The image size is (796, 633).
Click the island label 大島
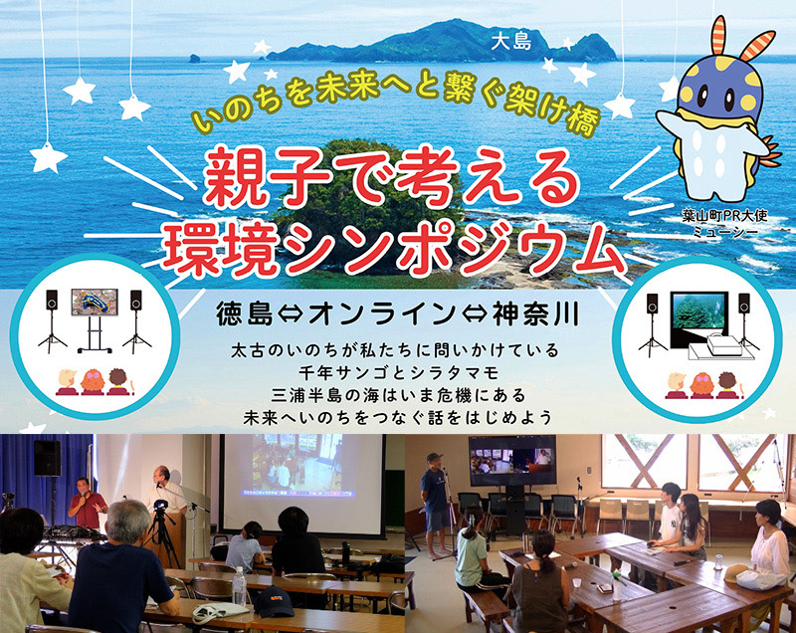tap(510, 43)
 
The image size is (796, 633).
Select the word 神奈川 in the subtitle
tap(536, 315)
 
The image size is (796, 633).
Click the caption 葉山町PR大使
tap(725, 216)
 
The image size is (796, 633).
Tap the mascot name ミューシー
tap(725, 232)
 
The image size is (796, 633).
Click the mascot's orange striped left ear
tap(717, 36)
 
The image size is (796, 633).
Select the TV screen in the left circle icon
tap(95, 302)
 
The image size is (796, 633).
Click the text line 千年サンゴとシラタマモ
tap(399, 373)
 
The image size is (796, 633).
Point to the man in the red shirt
tap(88, 504)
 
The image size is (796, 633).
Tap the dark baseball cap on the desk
tap(275, 601)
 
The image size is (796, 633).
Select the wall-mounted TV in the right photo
tap(512, 460)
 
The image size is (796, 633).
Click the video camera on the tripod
tap(160, 505)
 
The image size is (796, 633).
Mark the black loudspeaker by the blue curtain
tap(47, 458)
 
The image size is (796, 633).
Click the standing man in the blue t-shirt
tap(435, 504)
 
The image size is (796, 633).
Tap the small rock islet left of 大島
tap(194, 59)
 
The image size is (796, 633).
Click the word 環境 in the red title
tap(221, 250)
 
